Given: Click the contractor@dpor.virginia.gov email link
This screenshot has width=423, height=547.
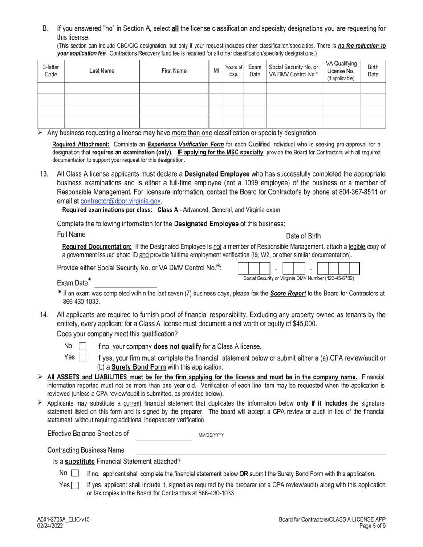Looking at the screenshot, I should (x=120, y=201).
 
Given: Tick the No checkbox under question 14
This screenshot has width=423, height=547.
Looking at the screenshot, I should (x=82, y=346).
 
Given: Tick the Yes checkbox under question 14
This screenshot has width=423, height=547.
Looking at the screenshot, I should (x=82, y=357).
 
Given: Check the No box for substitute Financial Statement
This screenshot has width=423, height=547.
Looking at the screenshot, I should (x=75, y=473).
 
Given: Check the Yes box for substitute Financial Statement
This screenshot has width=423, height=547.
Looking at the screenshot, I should (x=75, y=485).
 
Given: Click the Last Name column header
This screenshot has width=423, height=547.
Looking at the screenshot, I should (x=102, y=71).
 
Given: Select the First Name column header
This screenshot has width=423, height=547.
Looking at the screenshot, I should (x=174, y=71).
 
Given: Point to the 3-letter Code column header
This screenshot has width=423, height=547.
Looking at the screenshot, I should (x=51, y=71).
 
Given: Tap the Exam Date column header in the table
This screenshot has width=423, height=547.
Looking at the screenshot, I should (x=255, y=71).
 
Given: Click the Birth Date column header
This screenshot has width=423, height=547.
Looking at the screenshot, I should (x=373, y=71).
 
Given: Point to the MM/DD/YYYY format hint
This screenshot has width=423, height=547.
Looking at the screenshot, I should (x=211, y=435).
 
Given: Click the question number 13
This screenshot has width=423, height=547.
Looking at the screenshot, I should (x=44, y=174).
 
